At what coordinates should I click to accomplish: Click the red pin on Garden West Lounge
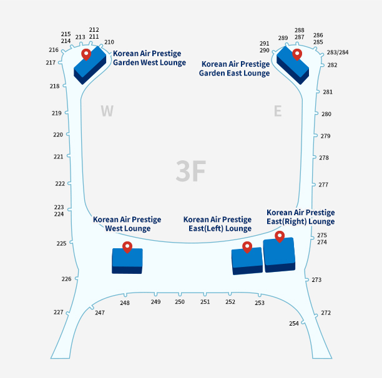pyautogui.click(x=86, y=54)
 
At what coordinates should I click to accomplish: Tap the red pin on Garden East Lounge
pyautogui.click(x=297, y=54)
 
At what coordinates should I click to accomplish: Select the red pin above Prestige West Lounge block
pyautogui.click(x=127, y=247)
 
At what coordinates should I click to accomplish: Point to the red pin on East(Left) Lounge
pyautogui.click(x=247, y=247)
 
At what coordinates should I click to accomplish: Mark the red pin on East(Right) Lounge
pyautogui.click(x=280, y=236)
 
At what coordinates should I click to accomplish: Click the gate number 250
pyautogui.click(x=180, y=302)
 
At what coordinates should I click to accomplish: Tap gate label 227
pyautogui.click(x=59, y=312)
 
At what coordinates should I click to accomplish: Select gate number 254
pyautogui.click(x=294, y=324)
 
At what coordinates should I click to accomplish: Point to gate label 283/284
pyautogui.click(x=338, y=52)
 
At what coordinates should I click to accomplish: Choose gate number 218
pyautogui.click(x=54, y=86)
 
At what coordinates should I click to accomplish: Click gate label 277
pyautogui.click(x=323, y=185)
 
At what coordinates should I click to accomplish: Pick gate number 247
pyautogui.click(x=100, y=313)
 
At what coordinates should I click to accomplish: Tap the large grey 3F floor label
pyautogui.click(x=191, y=171)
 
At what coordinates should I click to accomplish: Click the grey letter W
pyautogui.click(x=107, y=111)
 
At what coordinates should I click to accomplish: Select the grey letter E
pyautogui.click(x=278, y=111)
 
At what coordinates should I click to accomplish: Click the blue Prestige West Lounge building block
pyautogui.click(x=127, y=261)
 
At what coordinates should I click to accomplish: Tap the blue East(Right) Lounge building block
pyautogui.click(x=280, y=255)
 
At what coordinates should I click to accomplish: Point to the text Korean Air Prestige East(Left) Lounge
pyautogui.click(x=217, y=224)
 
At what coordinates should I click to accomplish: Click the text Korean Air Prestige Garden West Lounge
pyautogui.click(x=149, y=58)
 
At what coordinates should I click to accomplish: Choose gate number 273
pyautogui.click(x=316, y=280)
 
